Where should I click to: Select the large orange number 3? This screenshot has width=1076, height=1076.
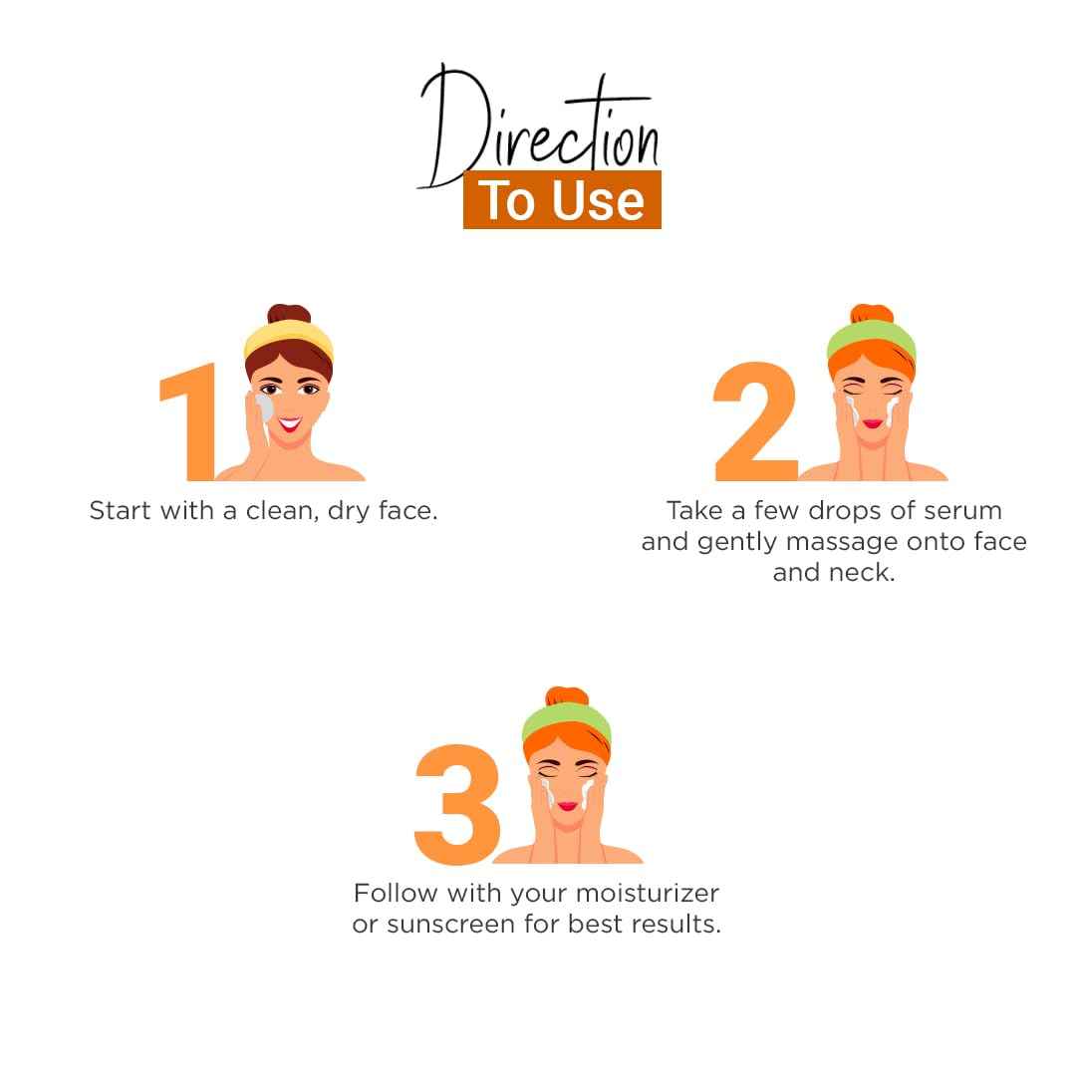[x=457, y=804]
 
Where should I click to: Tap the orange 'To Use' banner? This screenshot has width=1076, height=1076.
[x=562, y=199]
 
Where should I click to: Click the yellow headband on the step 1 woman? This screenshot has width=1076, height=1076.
[x=288, y=338]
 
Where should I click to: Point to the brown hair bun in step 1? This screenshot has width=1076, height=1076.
[x=289, y=314]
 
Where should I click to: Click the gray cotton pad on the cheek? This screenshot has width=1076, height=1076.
[x=263, y=409]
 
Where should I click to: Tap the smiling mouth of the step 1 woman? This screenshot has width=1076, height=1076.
[x=290, y=424]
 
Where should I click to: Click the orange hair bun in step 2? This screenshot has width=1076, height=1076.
[x=872, y=314]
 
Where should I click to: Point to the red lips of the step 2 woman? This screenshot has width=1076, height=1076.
[x=872, y=423]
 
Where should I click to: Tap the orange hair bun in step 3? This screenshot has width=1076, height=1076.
[x=567, y=695]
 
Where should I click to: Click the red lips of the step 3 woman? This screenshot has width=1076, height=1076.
[x=568, y=806]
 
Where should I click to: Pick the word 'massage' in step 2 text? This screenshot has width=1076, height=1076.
[x=842, y=542]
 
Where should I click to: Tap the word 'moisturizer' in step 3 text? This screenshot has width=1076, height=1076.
[x=648, y=893]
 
